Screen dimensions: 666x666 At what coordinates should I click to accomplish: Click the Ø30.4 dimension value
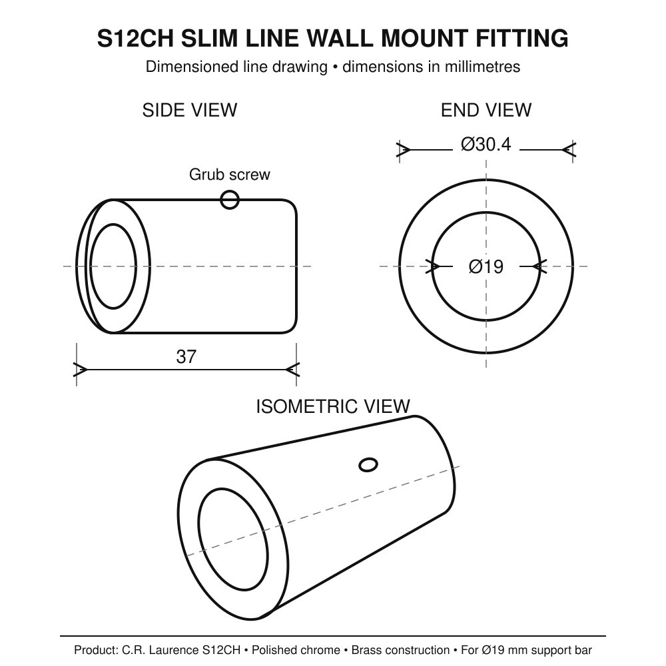coord(486,145)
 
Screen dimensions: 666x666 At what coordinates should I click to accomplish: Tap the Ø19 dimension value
coord(486,267)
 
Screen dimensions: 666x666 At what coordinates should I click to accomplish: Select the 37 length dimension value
coord(186,357)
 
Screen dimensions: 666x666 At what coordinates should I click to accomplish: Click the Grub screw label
coord(229,174)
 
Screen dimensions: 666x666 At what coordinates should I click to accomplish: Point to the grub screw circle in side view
coord(230,200)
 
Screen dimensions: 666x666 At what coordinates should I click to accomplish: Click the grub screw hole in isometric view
coord(368,465)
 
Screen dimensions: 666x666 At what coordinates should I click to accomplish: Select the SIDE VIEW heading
coord(189,111)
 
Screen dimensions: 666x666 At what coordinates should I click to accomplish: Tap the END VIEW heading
coord(486,111)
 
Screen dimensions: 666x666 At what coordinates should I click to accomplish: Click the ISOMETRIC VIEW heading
coord(333,406)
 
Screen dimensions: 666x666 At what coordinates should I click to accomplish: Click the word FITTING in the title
coord(521,38)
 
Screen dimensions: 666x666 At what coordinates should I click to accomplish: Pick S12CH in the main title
coord(135,38)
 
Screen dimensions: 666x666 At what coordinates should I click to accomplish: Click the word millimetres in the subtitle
coord(482,67)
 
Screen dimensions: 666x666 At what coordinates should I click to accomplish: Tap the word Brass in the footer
coord(367,650)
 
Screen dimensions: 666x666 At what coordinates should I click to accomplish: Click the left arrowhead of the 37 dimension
coord(81,370)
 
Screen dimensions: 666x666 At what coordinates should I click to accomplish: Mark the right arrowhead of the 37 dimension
coord(292,370)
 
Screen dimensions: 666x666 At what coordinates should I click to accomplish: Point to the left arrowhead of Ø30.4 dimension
coord(404,149)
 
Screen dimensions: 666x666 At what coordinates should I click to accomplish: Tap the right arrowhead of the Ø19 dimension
coord(539,267)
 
